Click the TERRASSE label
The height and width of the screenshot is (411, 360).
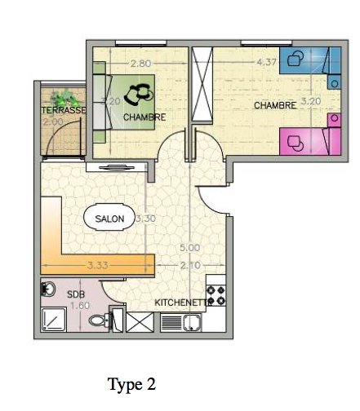(x=63, y=110)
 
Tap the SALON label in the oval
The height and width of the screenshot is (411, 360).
(x=109, y=219)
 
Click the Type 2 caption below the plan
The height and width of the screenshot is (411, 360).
(x=131, y=383)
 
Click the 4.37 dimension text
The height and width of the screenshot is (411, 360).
(x=265, y=62)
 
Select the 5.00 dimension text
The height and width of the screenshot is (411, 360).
(x=189, y=247)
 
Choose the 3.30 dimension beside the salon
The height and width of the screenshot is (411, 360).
(x=145, y=219)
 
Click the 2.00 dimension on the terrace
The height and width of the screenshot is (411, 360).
(x=53, y=122)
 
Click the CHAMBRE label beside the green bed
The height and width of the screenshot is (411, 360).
(x=144, y=117)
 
